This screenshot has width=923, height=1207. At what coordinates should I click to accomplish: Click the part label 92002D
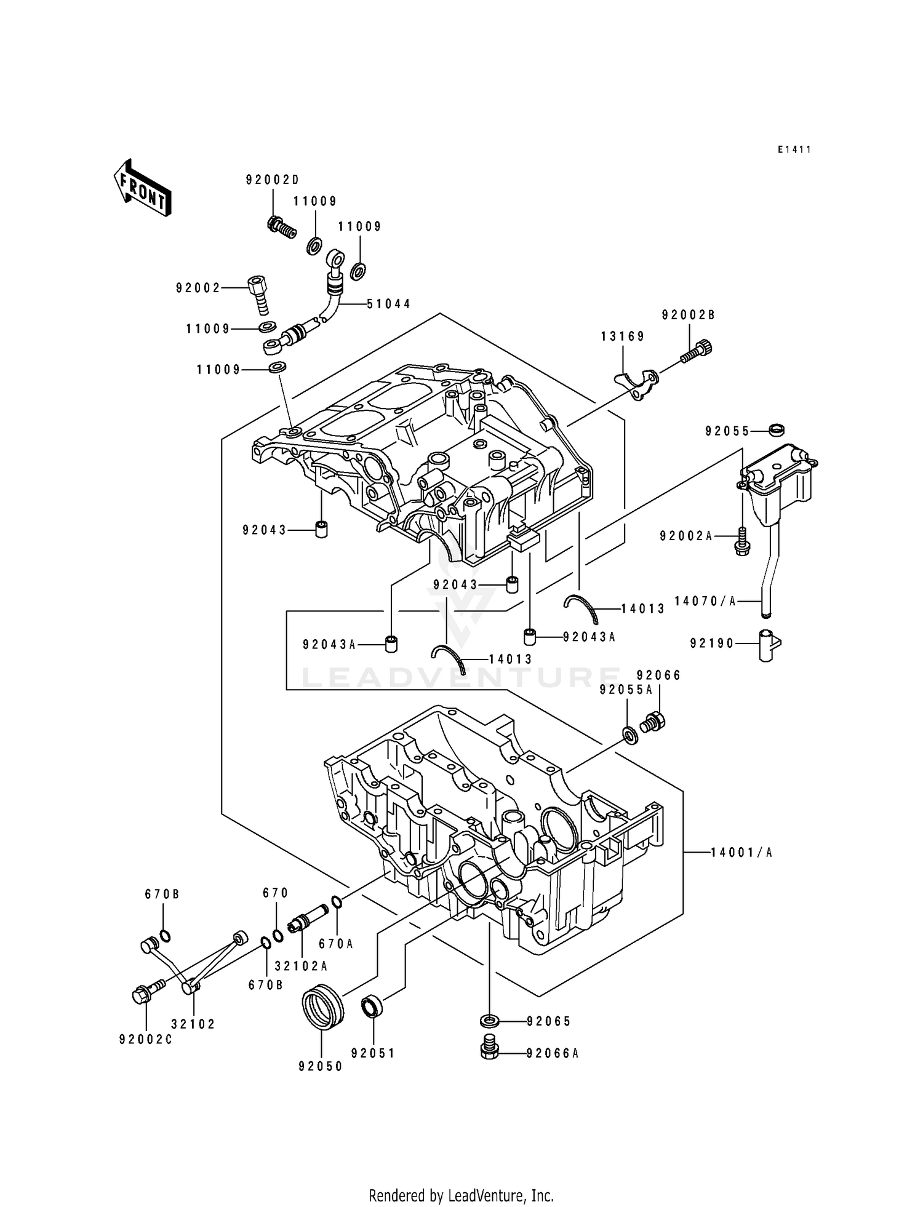click(x=272, y=180)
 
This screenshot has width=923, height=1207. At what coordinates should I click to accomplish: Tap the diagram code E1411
click(x=794, y=149)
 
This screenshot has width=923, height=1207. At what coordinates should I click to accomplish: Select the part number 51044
click(x=389, y=304)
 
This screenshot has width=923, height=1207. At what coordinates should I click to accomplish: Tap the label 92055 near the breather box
click(x=727, y=432)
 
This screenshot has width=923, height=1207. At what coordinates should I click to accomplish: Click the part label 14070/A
click(x=705, y=602)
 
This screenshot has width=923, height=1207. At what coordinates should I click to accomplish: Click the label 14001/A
click(x=741, y=853)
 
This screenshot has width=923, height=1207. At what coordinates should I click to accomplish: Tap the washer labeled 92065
click(x=489, y=1021)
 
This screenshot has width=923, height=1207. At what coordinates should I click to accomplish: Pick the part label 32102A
click(x=302, y=966)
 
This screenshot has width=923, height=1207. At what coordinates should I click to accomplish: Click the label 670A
click(x=335, y=944)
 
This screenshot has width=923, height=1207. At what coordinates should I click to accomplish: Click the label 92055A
click(x=626, y=690)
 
